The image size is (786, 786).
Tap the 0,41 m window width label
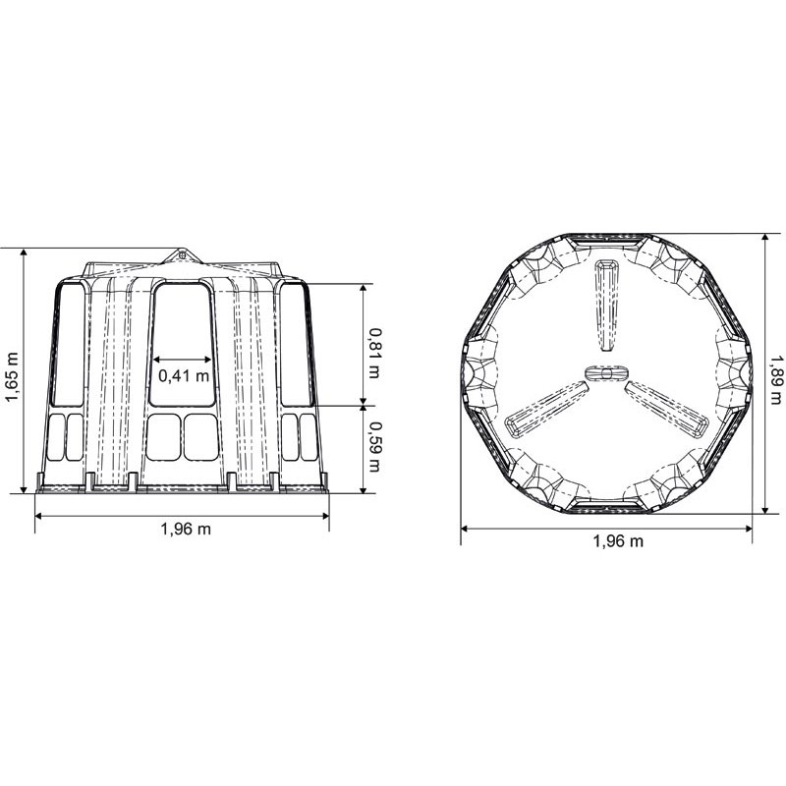(184, 374)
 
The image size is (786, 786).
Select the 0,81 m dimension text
(374, 353)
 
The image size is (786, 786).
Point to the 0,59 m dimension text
(374, 448)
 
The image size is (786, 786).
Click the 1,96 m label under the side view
(186, 529)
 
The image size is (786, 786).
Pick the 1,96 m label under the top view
(618, 541)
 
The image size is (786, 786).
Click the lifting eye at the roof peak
(182, 255)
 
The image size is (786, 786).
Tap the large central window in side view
(184, 345)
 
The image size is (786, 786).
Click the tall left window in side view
(68, 344)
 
